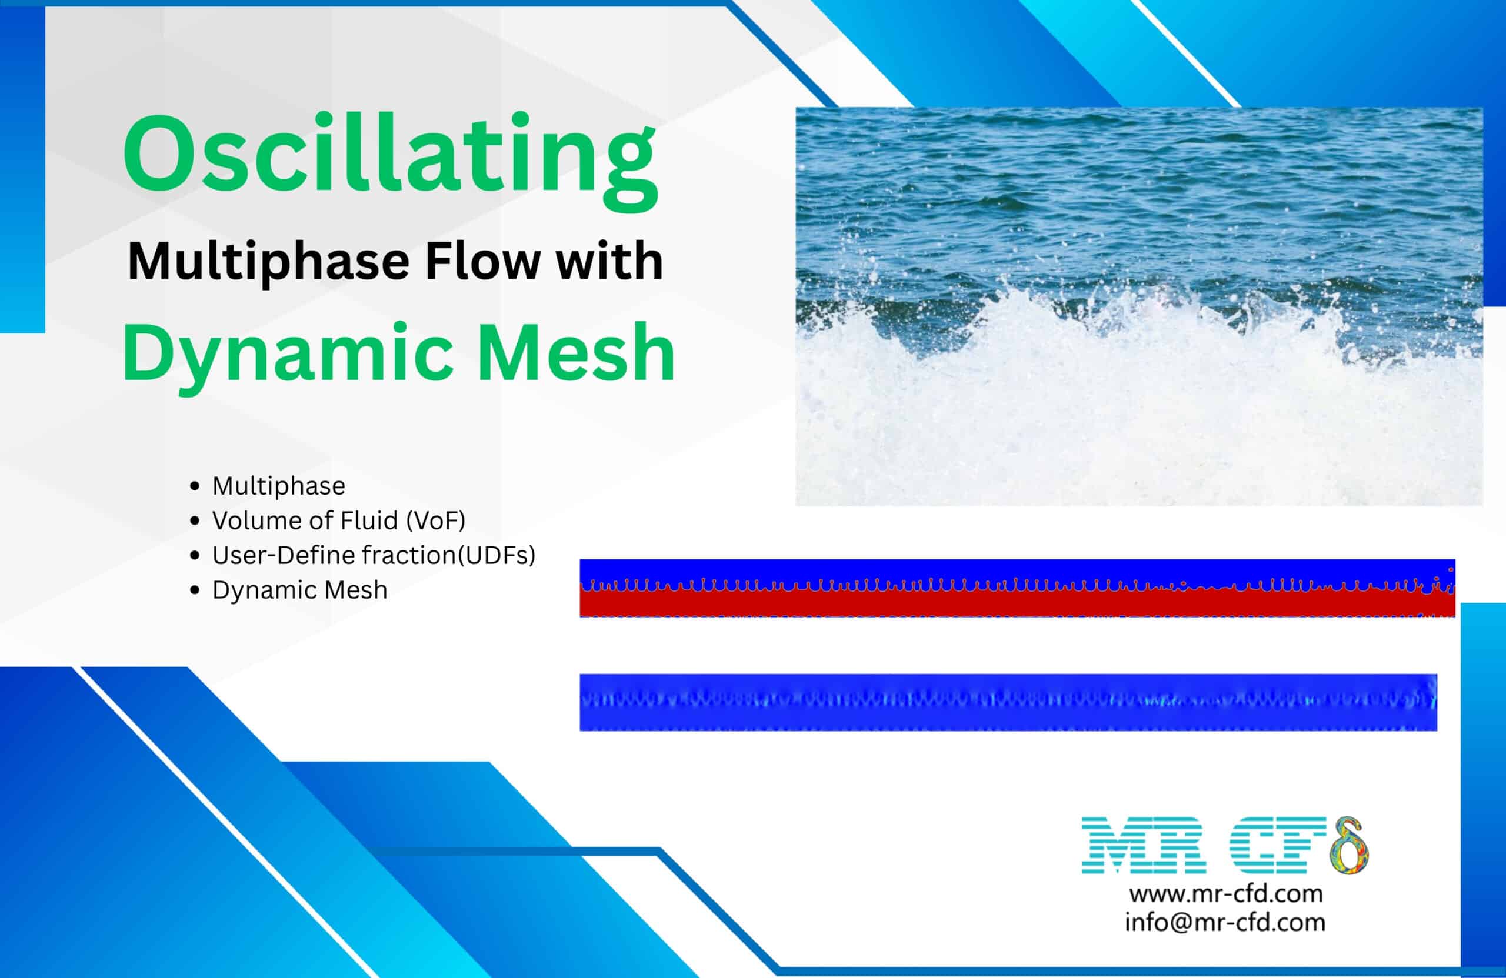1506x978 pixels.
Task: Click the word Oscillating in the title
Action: pos(389,155)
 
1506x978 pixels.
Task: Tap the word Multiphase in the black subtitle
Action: pos(268,262)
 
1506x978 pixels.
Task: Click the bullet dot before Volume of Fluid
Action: pos(195,521)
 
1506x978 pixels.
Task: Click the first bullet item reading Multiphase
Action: pos(278,486)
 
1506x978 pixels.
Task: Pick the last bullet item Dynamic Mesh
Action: pos(299,590)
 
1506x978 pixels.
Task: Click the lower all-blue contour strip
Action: pos(1006,702)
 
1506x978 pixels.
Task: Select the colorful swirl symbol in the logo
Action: pos(1348,846)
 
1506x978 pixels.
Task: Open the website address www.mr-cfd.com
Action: pos(1225,894)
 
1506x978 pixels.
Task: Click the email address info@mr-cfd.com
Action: pos(1224,922)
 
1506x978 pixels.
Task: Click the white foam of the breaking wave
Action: pos(1139,411)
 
